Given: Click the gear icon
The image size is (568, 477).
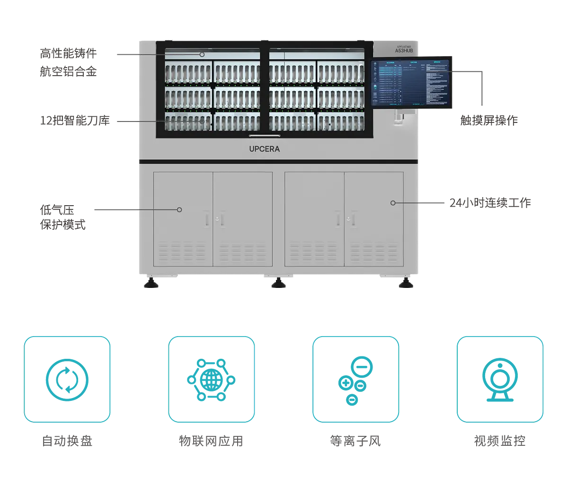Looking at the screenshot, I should (208, 379).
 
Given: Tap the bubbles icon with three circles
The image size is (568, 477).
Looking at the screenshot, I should (355, 379).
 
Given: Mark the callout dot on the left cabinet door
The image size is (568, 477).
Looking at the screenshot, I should (179, 209).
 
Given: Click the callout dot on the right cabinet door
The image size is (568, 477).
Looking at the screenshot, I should (392, 203).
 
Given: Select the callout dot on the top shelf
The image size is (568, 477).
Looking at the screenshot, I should (202, 54).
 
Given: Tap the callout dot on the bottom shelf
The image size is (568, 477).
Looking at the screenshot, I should (203, 121).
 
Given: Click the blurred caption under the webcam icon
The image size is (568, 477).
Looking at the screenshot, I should (499, 441).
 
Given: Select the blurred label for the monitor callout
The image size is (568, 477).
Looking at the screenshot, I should (488, 121).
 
